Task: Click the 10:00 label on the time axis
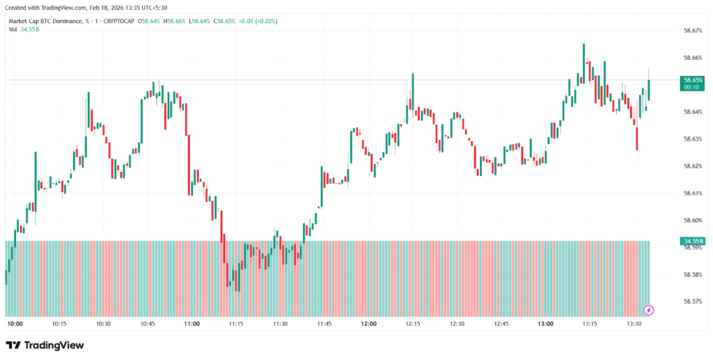[x=15, y=324]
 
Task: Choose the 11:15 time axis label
[x=236, y=324]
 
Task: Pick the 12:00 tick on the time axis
[x=368, y=324]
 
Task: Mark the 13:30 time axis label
[x=634, y=324]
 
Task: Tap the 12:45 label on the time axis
[x=501, y=324]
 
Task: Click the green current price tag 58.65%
[x=691, y=81]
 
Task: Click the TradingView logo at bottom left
[x=45, y=345]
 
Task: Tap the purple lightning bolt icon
[x=649, y=310]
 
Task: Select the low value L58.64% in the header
[x=203, y=21]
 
